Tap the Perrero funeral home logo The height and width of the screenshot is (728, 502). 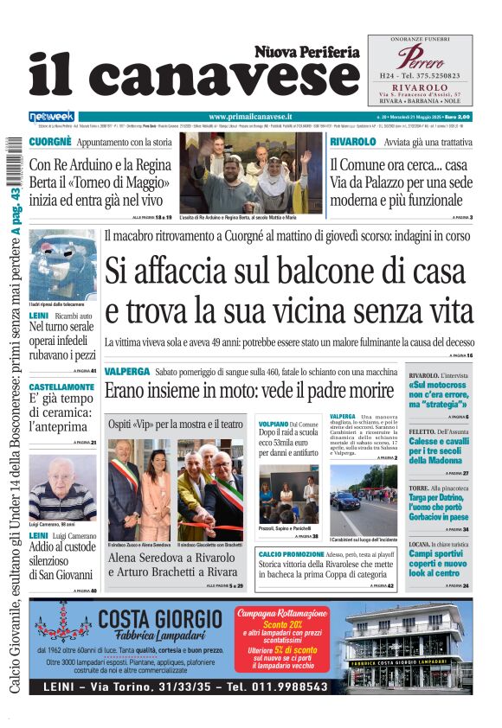[420, 59]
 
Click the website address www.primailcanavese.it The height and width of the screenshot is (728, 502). [250, 116]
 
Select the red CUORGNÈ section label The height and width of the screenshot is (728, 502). [49, 142]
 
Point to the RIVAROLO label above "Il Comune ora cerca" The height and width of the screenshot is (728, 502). [352, 142]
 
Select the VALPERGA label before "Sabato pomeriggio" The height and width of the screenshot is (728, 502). [126, 371]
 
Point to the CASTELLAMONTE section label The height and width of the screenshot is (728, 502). [62, 386]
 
